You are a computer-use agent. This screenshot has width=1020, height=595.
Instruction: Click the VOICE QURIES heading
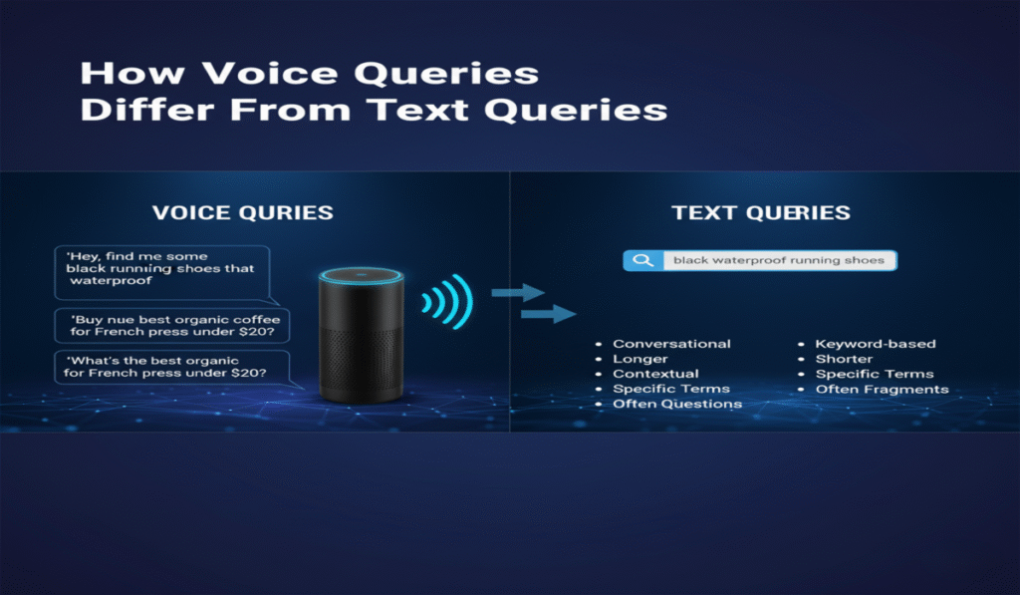[x=243, y=213]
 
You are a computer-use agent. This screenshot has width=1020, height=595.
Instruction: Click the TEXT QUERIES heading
[x=761, y=213]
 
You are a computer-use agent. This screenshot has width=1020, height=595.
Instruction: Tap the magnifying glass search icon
[x=642, y=260]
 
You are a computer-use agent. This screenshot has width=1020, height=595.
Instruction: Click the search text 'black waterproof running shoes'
[x=779, y=260]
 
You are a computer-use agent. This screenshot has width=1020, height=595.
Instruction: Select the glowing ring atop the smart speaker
[x=361, y=276]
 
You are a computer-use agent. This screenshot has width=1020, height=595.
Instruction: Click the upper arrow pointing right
[x=518, y=293]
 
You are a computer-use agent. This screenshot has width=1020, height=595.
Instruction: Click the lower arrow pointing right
[x=549, y=314]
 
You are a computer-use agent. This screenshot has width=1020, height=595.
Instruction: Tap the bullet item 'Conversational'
[x=671, y=344]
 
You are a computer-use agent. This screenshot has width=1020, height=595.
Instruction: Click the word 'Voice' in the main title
[x=269, y=73]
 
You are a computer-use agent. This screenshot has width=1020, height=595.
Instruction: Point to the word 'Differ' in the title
[x=147, y=110]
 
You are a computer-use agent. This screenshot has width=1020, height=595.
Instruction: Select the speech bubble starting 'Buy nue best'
[x=172, y=326]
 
